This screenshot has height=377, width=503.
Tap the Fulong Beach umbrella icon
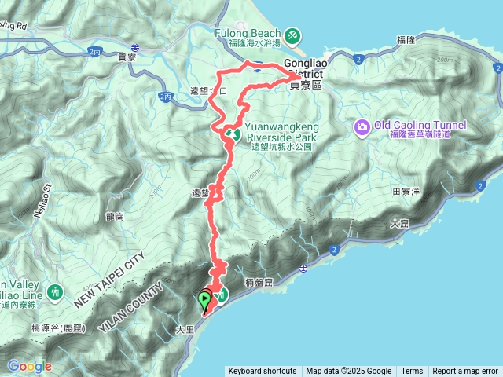(x=292, y=35)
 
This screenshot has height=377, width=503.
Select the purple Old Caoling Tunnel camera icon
(x=362, y=126)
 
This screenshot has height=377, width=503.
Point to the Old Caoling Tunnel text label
(x=420, y=125)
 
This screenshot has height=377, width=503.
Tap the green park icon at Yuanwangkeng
(x=233, y=134)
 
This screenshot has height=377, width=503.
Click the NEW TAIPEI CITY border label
(x=111, y=280)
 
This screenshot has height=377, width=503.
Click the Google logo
(x=29, y=366)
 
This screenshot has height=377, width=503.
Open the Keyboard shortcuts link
(x=262, y=372)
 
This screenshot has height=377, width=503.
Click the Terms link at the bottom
(x=412, y=372)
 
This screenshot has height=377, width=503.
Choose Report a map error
(x=466, y=372)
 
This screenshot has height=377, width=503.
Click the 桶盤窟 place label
(x=259, y=280)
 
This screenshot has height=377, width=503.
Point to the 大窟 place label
(x=399, y=224)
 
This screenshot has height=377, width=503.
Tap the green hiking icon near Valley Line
(x=55, y=292)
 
